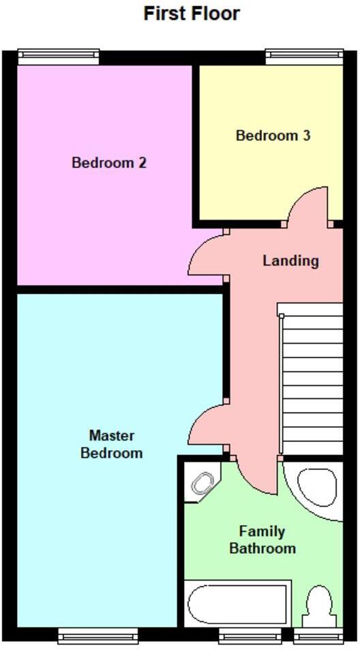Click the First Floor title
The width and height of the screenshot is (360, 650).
click(192, 14)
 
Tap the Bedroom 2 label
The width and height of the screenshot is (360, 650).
click(109, 163)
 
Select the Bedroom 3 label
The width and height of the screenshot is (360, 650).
click(273, 136)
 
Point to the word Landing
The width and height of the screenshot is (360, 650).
click(290, 261)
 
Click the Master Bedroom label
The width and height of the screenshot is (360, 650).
click(112, 444)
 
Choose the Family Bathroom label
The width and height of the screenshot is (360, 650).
click(262, 540)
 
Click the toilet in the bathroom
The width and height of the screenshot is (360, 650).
click(319, 604)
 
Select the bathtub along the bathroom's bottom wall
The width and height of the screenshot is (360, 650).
click(238, 604)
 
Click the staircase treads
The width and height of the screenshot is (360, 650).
click(312, 379)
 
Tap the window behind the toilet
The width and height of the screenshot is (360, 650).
click(318, 636)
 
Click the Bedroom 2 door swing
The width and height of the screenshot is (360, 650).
click(206, 255)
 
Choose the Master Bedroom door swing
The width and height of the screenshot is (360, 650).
click(206, 426)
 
